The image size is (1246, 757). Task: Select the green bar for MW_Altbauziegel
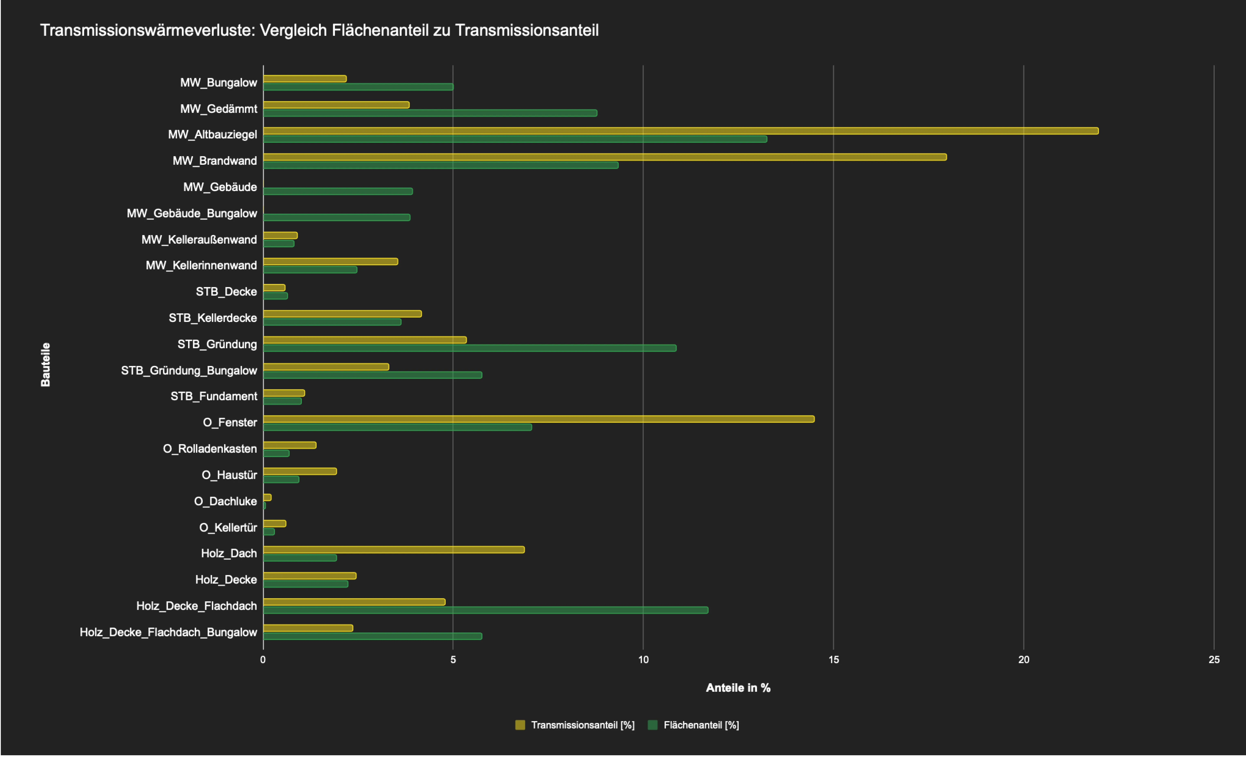tap(515, 139)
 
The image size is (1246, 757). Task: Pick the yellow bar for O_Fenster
tap(538, 419)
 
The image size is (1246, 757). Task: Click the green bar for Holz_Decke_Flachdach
tap(485, 610)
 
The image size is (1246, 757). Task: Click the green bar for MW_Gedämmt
tap(430, 113)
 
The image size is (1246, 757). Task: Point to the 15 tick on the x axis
tap(833, 660)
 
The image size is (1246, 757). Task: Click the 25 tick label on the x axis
tap(1214, 660)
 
